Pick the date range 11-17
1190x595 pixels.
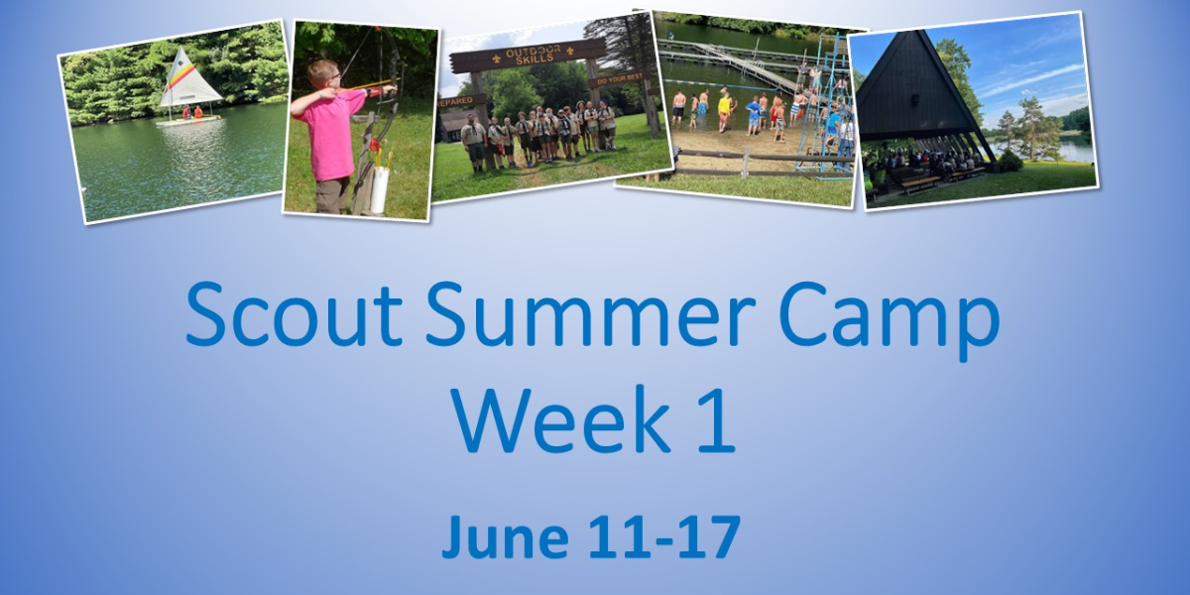(x=666, y=537)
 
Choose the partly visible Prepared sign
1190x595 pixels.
(x=455, y=101)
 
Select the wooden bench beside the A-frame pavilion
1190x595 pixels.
(x=920, y=182)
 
